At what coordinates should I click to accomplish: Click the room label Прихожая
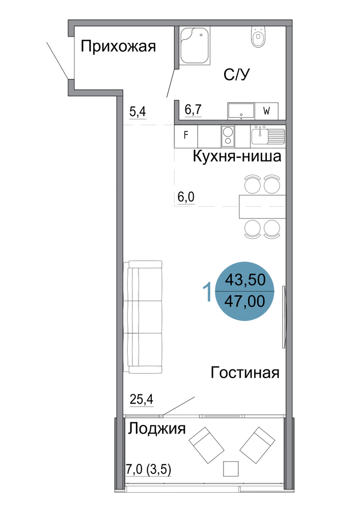pos(118,46)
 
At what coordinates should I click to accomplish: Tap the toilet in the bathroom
pos(258,36)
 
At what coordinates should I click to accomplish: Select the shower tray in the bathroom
pos(195,45)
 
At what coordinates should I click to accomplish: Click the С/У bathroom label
pos(237,75)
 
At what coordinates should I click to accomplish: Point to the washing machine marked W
pos(266,111)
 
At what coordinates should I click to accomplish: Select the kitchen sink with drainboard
pos(268,135)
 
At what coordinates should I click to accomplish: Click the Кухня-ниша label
pos(237,156)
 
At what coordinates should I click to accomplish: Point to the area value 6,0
pos(186,197)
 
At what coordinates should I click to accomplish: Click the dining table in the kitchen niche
pos(262,207)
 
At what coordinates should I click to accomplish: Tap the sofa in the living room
pos(143,317)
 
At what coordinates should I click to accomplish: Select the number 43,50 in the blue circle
pos(245,279)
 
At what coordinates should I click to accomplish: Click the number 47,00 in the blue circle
pos(245,301)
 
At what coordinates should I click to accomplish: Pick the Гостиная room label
pos(245,373)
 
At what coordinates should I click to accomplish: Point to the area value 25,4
pos(142,399)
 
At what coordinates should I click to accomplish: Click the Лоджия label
pos(157,429)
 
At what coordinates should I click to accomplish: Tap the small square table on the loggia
pos(231,468)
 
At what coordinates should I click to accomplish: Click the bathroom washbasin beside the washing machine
pos(241,111)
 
